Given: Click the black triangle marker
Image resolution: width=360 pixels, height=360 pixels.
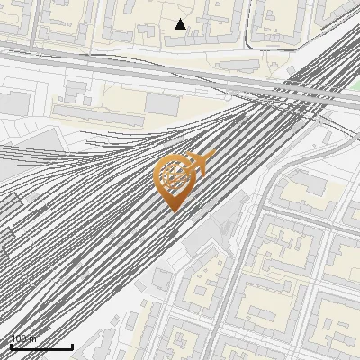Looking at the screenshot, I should click(x=180, y=24).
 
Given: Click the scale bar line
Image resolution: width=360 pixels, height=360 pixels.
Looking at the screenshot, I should click(x=41, y=346).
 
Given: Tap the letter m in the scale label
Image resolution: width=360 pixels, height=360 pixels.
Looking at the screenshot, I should click(x=33, y=339).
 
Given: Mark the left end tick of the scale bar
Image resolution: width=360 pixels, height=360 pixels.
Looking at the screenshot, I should click(x=11, y=345).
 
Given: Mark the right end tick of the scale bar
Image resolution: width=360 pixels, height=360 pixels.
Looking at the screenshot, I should click(x=73, y=345).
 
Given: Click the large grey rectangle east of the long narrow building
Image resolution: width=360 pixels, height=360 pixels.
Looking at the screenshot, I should click(x=161, y=103).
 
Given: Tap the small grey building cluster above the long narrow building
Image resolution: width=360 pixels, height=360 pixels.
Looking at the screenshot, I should click(x=76, y=90).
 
